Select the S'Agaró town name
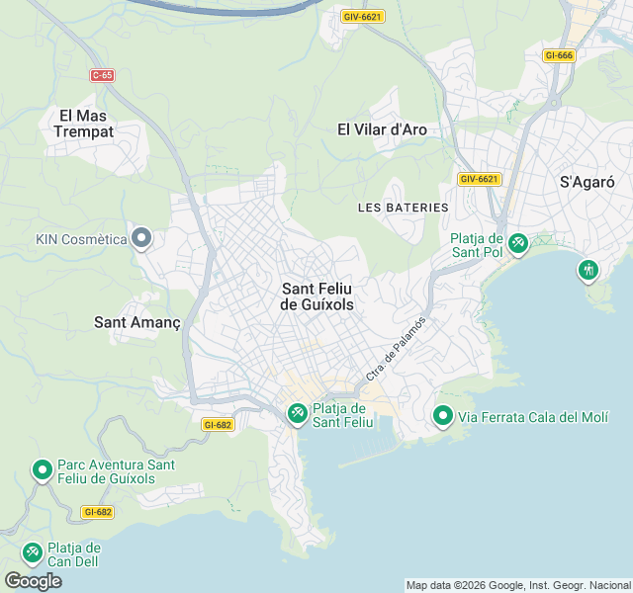(x=588, y=182)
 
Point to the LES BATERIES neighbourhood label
(x=404, y=208)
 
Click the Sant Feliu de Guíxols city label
(x=317, y=296)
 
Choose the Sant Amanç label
(x=136, y=322)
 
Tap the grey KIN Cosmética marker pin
(x=141, y=237)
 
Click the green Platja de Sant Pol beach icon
(x=517, y=241)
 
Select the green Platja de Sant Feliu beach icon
(x=297, y=413)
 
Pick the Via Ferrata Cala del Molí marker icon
(x=442, y=416)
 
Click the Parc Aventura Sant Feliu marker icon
(x=42, y=470)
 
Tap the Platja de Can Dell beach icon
(x=32, y=550)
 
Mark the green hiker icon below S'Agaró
(x=588, y=268)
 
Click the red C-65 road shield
(x=102, y=75)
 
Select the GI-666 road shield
(x=559, y=55)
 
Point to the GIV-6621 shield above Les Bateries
(x=480, y=179)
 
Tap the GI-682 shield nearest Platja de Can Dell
(x=98, y=512)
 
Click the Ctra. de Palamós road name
(x=396, y=348)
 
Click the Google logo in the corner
(x=33, y=580)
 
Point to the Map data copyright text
(x=518, y=585)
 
